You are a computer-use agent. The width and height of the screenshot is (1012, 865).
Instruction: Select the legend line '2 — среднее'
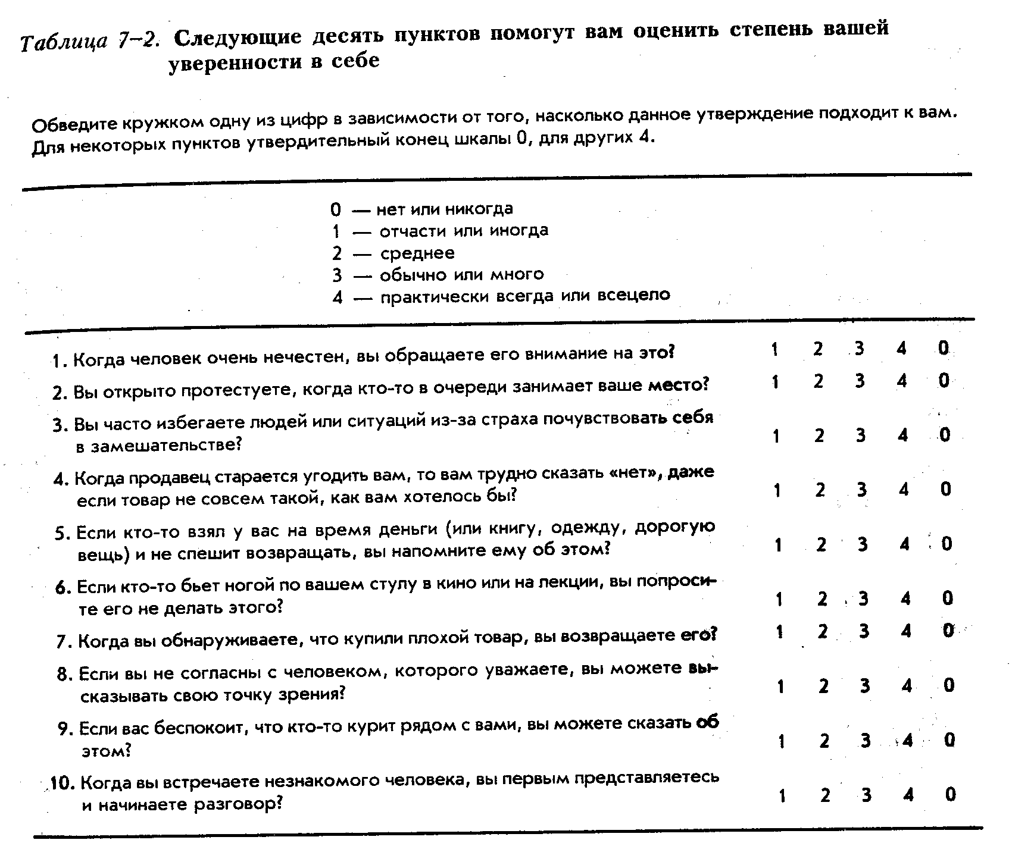tap(393, 253)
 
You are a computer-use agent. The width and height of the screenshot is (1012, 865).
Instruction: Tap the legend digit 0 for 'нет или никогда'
tap(336, 209)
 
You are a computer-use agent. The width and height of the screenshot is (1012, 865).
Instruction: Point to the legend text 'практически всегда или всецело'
tap(525, 296)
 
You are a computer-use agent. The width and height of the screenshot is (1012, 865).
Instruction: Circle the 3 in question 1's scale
tap(859, 349)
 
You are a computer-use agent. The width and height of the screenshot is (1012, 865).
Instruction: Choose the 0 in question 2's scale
tap(944, 380)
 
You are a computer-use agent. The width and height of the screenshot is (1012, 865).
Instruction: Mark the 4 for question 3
tap(903, 435)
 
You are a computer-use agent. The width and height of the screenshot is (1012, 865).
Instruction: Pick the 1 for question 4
tap(777, 490)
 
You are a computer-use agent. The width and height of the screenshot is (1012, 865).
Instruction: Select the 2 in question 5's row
tap(821, 544)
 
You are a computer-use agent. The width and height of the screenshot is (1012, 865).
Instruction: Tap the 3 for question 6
tap(863, 599)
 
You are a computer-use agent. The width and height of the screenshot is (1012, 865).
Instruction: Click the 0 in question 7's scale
tap(948, 630)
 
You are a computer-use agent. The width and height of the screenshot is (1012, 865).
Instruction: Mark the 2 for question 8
tap(823, 687)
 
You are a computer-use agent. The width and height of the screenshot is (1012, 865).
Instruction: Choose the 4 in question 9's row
tap(907, 741)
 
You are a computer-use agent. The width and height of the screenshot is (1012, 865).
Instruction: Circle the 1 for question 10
tap(782, 795)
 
